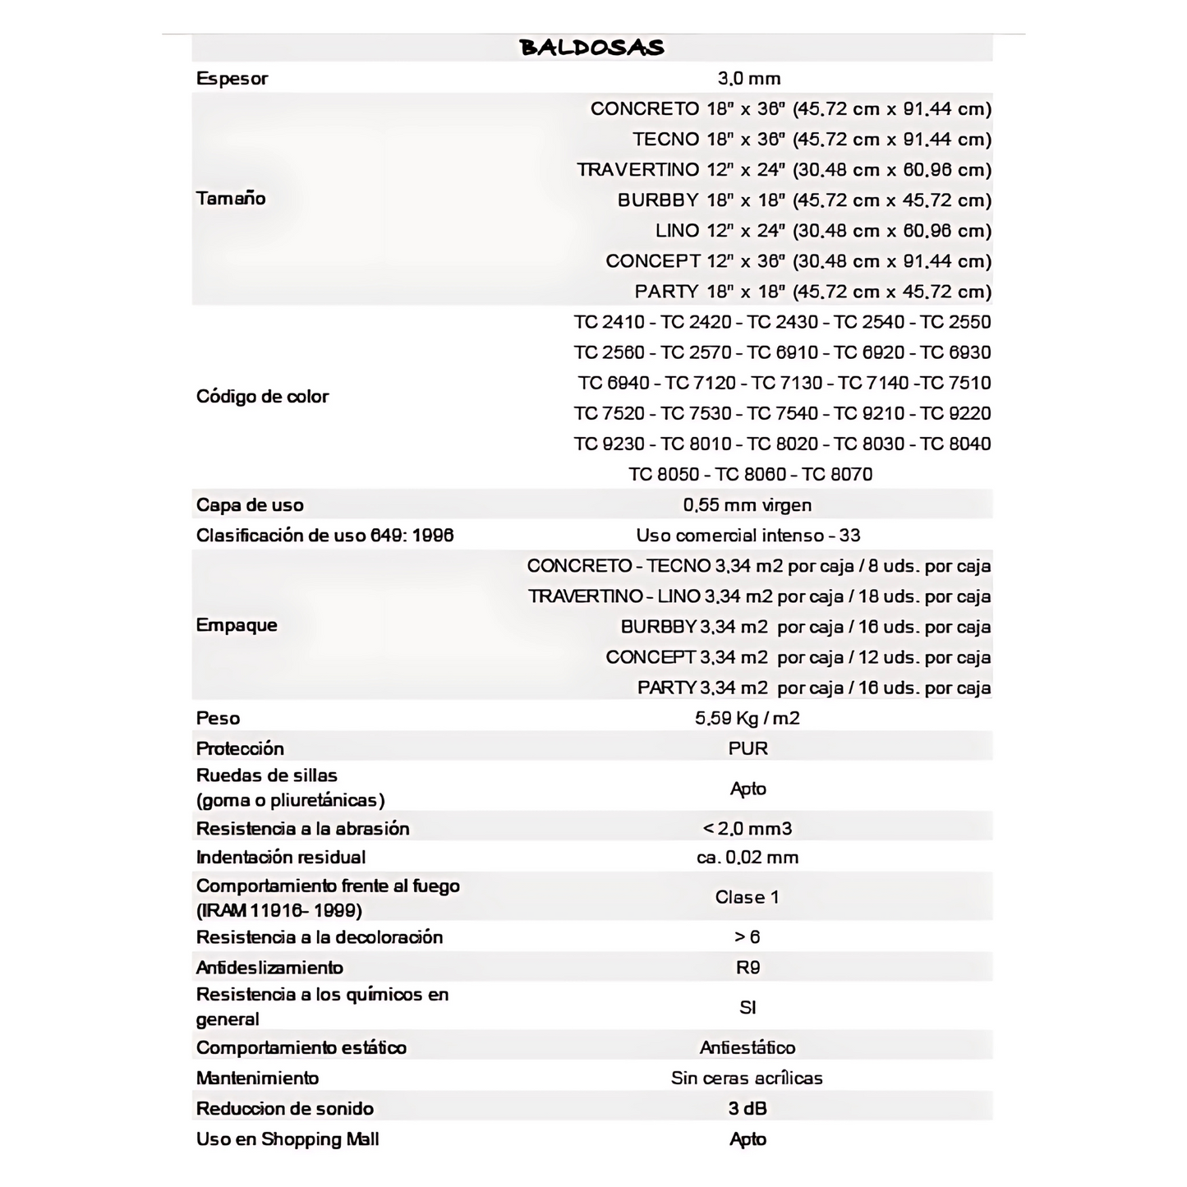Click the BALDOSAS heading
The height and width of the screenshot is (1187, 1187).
pos(591,48)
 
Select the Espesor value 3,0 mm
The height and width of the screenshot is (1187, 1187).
pos(748,79)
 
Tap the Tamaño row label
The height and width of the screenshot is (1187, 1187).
pos(231,199)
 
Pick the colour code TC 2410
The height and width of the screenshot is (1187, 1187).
pos(609,322)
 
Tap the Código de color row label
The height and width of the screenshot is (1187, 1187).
pos(262,397)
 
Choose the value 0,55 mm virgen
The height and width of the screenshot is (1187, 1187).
pos(747,505)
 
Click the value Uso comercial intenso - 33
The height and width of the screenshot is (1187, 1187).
pos(748,536)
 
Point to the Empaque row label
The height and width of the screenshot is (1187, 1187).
pos(237,626)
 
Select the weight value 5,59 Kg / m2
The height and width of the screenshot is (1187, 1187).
pos(747,718)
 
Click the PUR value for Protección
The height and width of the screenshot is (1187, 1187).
pos(748,748)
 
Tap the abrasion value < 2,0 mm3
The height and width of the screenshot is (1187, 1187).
pos(748,828)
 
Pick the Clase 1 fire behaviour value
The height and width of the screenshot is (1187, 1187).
pos(747,897)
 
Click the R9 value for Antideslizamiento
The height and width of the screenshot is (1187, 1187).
pos(748,968)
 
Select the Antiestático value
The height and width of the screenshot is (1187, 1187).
pos(747,1047)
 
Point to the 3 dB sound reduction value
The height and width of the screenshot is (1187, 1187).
pos(747,1108)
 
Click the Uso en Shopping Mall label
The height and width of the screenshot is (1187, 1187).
pos(288,1139)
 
